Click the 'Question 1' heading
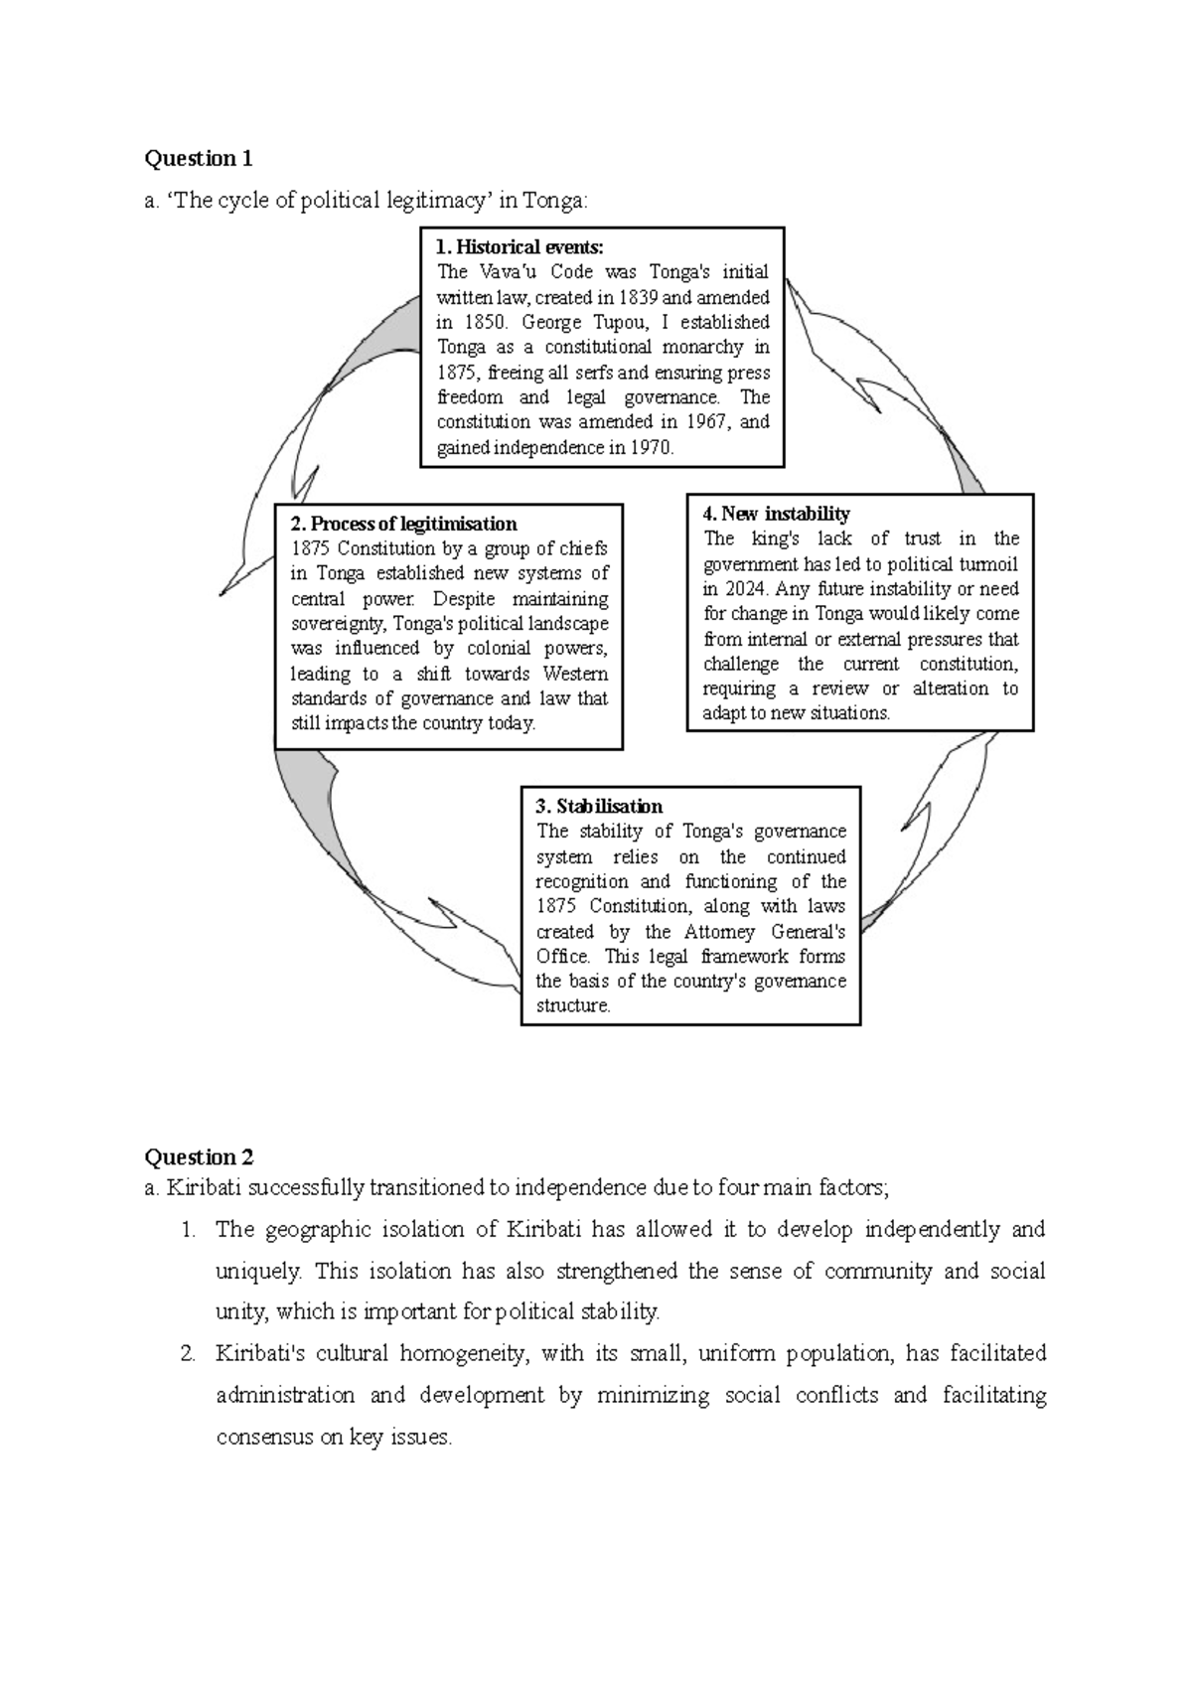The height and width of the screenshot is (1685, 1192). [x=199, y=159]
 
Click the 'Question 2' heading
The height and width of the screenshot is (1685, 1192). [x=199, y=1157]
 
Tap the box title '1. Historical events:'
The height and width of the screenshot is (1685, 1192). [x=520, y=247]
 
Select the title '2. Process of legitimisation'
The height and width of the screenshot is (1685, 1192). [x=403, y=524]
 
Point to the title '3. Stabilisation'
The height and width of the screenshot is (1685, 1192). [x=599, y=806]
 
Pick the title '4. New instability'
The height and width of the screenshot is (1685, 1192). [x=776, y=514]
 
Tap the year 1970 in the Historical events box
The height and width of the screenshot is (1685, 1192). [x=651, y=447]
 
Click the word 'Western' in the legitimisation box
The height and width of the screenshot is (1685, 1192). [x=575, y=674]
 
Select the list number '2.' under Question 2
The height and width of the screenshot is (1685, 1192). [x=189, y=1354]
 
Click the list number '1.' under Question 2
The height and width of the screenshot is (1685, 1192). [x=189, y=1230]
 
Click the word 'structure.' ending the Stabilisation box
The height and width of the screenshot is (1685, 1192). [x=573, y=1005]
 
